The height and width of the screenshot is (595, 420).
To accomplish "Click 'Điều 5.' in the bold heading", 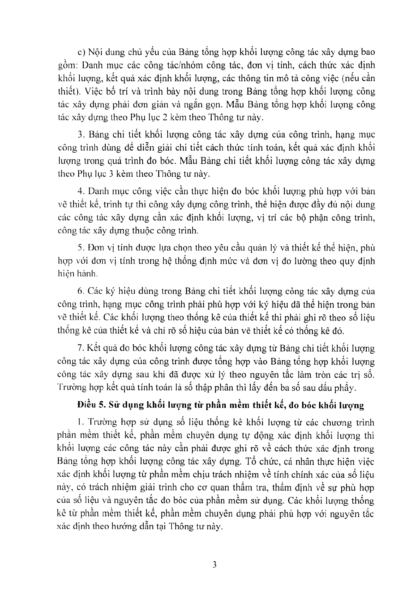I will click(x=90, y=405).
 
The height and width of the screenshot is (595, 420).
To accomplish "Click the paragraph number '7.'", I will click(x=81, y=348).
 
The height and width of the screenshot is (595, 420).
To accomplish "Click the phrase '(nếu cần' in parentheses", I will click(x=360, y=78).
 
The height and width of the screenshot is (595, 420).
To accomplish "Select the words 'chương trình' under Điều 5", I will click(x=347, y=422).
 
